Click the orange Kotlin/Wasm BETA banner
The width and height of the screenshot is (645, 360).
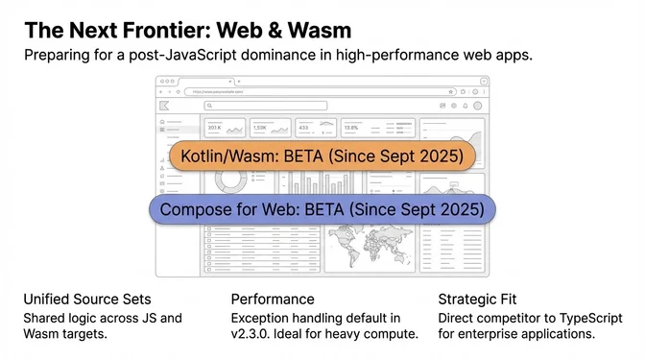coord(322,156)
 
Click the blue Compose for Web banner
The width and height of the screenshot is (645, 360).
coord(322,209)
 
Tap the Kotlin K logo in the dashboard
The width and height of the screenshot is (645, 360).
coord(165,106)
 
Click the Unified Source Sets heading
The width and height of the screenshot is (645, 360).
coord(87,299)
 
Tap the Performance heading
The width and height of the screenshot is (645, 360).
coord(274,299)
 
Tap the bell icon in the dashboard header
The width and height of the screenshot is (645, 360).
coord(466,106)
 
